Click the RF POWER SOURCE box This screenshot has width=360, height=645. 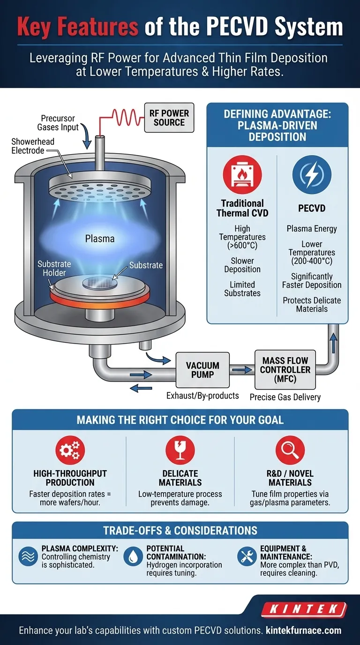[169, 118]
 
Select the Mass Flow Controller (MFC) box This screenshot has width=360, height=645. [285, 369]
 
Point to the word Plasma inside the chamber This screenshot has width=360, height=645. [100, 239]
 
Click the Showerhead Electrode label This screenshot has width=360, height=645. [33, 146]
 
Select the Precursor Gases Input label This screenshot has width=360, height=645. [58, 123]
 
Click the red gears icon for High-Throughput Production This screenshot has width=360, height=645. [70, 450]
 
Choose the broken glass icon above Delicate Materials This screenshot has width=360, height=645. [180, 450]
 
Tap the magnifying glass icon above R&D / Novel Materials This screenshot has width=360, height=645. [290, 450]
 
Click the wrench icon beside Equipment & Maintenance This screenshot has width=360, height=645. [247, 556]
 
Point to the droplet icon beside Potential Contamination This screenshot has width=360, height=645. [133, 556]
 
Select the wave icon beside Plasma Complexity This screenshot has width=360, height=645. [28, 556]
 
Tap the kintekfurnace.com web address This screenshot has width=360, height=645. [303, 630]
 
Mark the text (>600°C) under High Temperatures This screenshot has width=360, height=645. [242, 246]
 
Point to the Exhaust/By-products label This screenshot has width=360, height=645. [202, 396]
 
